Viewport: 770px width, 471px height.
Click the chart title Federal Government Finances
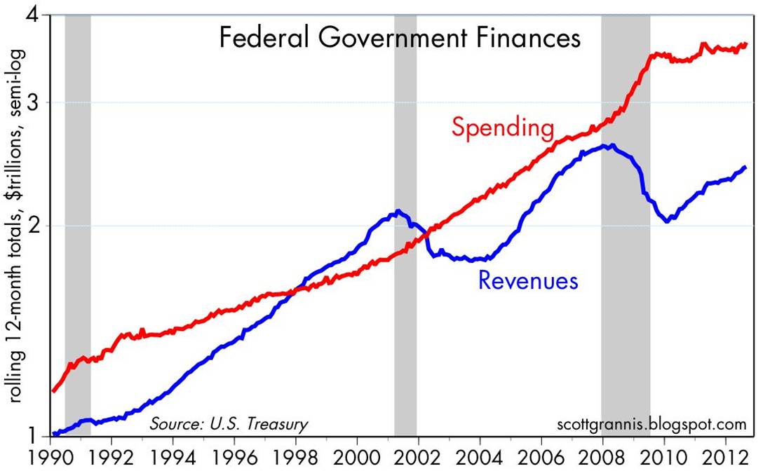pyautogui.click(x=400, y=37)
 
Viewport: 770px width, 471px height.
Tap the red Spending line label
pyautogui.click(x=503, y=128)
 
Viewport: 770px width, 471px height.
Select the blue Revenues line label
pyautogui.click(x=527, y=280)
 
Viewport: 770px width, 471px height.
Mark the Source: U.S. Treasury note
pyautogui.click(x=228, y=424)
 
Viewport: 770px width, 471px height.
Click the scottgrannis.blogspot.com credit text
pyautogui.click(x=650, y=424)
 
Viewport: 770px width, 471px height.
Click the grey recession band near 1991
pyautogui.click(x=78, y=210)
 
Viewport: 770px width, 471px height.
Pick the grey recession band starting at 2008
pyautogui.click(x=626, y=280)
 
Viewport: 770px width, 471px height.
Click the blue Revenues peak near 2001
pyautogui.click(x=398, y=211)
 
